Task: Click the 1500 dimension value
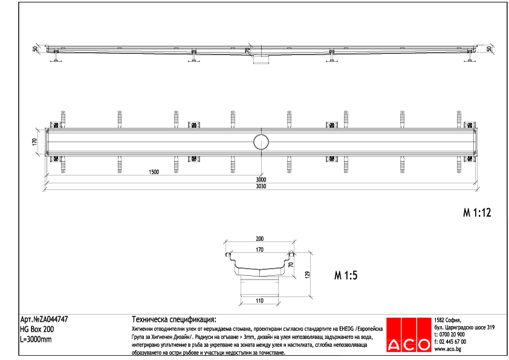tap(154, 172)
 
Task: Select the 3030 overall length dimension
tap(261, 186)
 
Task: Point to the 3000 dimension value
tap(261, 180)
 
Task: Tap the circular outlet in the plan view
tap(262, 142)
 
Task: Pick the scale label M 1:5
tap(346, 276)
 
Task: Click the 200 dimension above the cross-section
tap(260, 239)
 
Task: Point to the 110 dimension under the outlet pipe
tap(260, 300)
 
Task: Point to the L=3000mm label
tap(36, 339)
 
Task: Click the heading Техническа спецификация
tap(173, 319)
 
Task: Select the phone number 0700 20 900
tap(452, 335)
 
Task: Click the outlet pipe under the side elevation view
tap(262, 57)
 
